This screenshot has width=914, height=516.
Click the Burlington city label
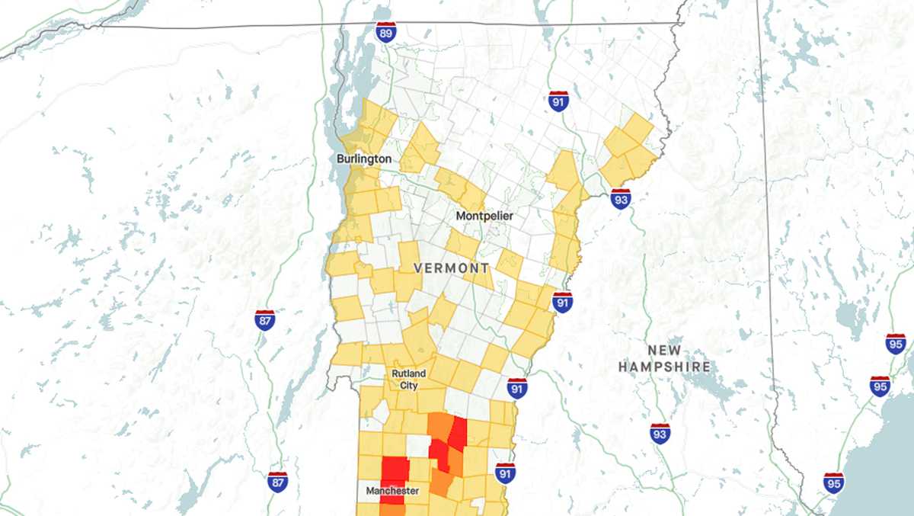[364, 159]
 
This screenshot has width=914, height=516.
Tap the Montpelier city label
[484, 216]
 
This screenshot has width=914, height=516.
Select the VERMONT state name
[452, 268]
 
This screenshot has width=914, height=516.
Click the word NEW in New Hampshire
[663, 351]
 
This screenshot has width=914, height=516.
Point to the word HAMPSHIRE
[664, 367]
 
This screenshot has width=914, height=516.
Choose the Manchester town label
[391, 491]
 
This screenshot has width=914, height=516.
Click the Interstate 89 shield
[386, 32]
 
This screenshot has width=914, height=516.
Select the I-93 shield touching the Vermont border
[621, 200]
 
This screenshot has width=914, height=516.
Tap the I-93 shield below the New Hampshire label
[660, 434]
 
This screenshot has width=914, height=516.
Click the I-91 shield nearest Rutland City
[517, 388]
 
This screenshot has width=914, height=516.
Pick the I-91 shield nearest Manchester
[504, 473]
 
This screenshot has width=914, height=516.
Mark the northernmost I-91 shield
[558, 101]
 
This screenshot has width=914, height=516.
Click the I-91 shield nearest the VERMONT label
[562, 302]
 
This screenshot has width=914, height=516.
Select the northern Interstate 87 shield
[265, 319]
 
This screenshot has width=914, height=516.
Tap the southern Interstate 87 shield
[278, 482]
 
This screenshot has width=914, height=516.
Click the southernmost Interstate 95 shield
[834, 482]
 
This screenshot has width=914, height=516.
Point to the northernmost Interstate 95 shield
[896, 344]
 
